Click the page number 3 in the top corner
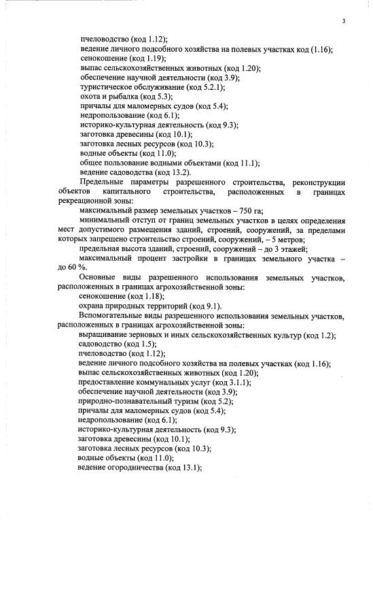tap(344, 22)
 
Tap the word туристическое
tap(104, 88)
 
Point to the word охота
tap(90, 97)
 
